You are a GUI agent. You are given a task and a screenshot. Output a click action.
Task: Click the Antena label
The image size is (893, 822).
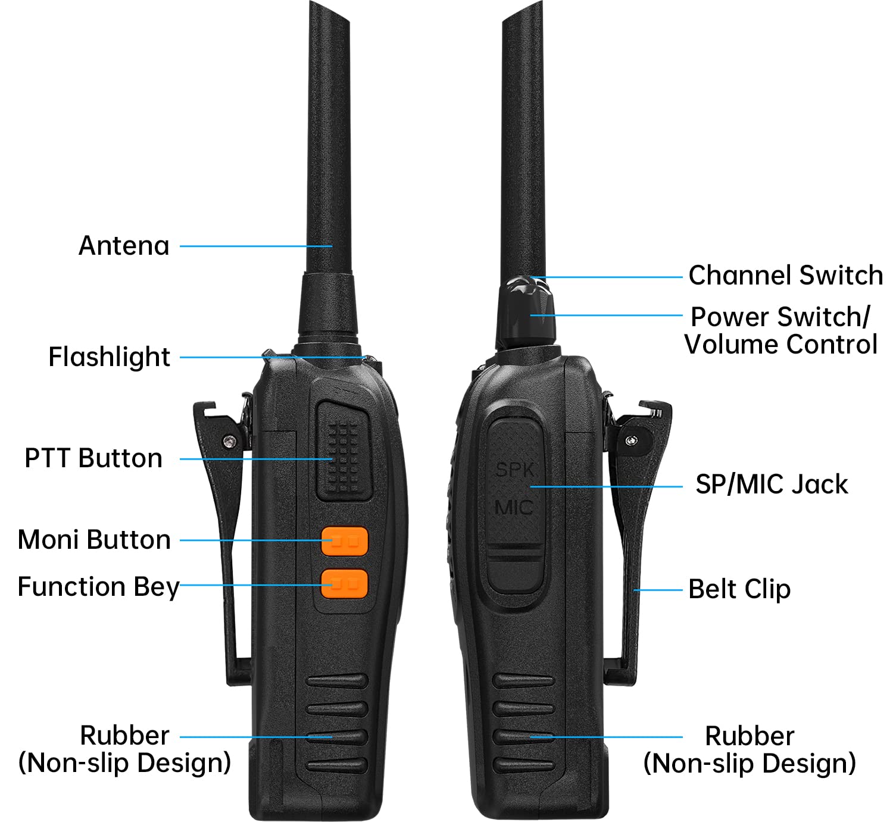124,246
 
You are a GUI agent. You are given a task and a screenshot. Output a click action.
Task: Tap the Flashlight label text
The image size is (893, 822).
109,357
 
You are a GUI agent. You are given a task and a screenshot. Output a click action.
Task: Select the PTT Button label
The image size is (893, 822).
93,458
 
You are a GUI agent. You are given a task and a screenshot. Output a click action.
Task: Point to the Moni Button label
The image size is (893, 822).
94,540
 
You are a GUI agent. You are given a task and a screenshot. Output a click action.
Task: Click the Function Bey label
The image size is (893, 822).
98,587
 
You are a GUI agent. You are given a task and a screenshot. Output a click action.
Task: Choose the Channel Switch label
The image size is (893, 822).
786,275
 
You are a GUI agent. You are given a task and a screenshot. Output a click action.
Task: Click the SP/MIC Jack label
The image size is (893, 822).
772,485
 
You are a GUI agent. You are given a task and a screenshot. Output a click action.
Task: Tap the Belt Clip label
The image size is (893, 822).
739,589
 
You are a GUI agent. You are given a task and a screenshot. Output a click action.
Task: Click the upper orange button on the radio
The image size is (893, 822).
345,542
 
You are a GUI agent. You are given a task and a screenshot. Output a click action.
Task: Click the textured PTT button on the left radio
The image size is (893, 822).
344,452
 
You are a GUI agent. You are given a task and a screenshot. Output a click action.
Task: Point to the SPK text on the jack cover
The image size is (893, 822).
514,470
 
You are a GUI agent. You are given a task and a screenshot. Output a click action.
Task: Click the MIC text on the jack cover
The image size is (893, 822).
514,508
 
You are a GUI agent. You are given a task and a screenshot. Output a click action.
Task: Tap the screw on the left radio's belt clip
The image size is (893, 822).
229,441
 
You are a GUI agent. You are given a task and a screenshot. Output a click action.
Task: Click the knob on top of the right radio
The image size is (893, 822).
526,312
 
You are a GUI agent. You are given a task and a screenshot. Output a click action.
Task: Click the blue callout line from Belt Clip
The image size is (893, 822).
657,590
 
